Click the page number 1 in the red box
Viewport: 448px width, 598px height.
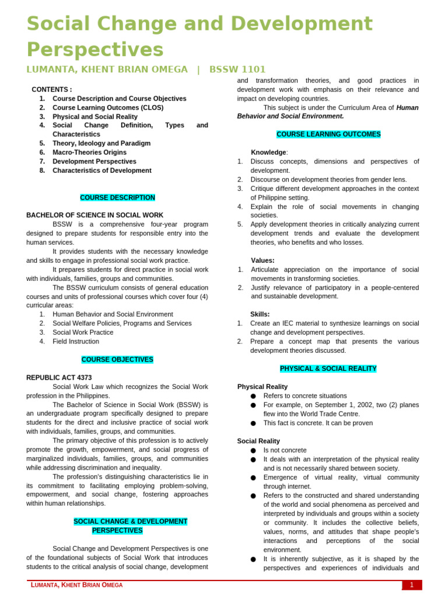click(411, 585)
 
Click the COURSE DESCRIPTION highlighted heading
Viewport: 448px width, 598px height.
click(117, 198)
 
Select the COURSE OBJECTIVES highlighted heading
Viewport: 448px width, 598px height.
click(117, 360)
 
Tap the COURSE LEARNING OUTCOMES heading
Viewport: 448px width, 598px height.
click(328, 134)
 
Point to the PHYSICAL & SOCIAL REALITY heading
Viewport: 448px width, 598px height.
click(328, 369)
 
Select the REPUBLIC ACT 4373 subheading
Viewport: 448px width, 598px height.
click(59, 378)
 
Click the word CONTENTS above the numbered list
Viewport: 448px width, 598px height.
click(52, 89)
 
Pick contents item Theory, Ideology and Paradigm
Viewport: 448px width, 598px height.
click(101, 143)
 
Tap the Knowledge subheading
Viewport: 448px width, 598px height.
click(269, 152)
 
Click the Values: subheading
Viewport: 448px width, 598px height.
click(262, 260)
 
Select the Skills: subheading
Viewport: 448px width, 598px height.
click(260, 314)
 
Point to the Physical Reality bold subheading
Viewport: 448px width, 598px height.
click(262, 387)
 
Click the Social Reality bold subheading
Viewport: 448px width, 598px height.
click(258, 441)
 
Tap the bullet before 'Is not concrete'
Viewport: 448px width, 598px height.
click(253, 450)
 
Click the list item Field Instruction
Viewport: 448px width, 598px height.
click(75, 342)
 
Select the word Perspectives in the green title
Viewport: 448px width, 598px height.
click(95, 49)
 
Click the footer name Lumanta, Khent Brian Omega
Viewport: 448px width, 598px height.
click(77, 585)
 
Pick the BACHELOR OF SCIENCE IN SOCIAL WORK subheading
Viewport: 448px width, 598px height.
click(95, 215)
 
